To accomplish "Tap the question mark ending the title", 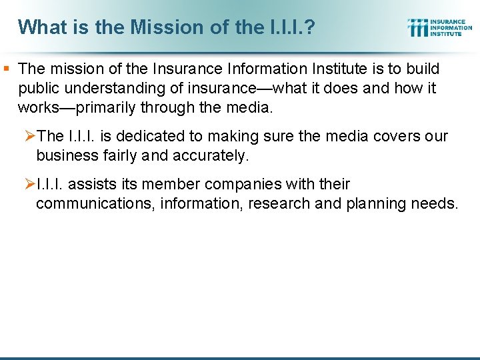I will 311,27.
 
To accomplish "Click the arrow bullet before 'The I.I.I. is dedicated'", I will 30,137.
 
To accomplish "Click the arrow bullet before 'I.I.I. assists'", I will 30,184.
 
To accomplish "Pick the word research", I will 279,203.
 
